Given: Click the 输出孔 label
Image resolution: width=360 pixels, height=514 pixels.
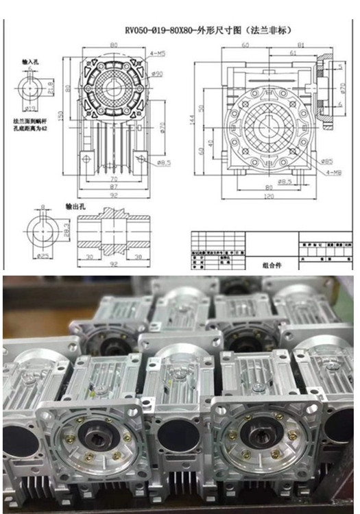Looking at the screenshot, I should tap(75, 205).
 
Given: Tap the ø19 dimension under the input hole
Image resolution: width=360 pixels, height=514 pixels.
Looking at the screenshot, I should tap(30, 109).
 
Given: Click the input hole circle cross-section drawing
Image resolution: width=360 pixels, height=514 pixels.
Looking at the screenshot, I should tap(31, 87).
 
